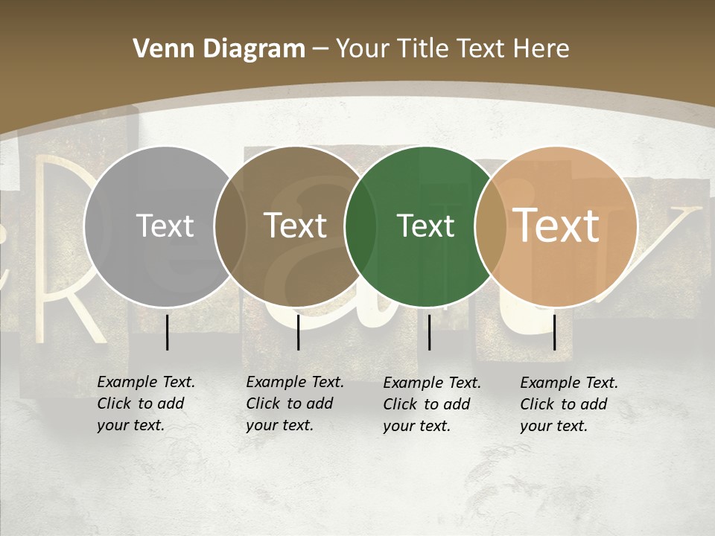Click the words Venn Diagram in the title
219,48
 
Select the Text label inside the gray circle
165,226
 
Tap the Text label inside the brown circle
296,226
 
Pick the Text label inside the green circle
425,226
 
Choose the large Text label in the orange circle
556,225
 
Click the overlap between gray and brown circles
230,226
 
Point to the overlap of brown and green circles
360,226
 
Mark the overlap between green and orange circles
490,226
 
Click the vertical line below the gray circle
168,332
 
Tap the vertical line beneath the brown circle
298,332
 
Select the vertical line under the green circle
430,332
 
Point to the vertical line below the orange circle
555,332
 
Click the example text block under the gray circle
145,403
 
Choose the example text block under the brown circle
294,403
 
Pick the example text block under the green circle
431,404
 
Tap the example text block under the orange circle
568,404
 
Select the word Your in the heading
363,48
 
